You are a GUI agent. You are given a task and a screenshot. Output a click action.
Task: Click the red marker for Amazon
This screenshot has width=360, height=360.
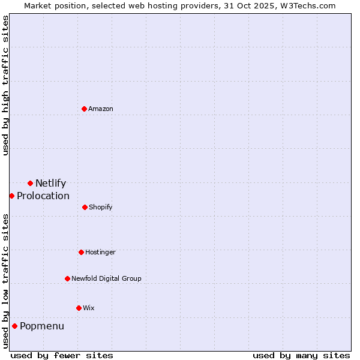85,109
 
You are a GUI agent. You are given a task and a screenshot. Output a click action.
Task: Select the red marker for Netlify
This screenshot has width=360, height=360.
30,183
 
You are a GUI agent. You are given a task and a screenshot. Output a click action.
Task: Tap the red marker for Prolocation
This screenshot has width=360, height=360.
11,196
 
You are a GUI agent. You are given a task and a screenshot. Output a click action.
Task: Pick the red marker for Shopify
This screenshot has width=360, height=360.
85,207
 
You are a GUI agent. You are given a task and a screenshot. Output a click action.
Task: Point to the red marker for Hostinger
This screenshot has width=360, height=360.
81,252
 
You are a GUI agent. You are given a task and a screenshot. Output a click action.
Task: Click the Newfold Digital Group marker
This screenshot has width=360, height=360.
67,278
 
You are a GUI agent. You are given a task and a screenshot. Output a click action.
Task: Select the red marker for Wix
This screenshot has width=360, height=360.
79,308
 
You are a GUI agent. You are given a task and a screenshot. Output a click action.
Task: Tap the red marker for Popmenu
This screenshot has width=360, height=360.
14,326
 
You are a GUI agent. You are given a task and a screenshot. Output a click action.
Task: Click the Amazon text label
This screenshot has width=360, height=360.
101,109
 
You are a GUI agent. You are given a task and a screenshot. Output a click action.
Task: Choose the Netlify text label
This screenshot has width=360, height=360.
50,184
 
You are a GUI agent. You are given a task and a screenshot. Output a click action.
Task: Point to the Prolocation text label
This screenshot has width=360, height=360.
43,196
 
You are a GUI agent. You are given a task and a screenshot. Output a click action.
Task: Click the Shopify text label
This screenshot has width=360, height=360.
101,208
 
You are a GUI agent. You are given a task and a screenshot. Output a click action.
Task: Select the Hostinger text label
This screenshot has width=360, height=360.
100,253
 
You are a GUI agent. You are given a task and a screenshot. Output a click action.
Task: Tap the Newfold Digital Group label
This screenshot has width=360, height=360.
106,278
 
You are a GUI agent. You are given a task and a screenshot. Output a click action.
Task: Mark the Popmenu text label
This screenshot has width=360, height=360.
42,326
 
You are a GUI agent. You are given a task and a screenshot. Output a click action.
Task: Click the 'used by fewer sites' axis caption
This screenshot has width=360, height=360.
62,355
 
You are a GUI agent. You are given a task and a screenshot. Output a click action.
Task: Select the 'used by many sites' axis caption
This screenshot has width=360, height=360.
301,355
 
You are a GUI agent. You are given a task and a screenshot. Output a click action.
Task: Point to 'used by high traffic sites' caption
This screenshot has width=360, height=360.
6,85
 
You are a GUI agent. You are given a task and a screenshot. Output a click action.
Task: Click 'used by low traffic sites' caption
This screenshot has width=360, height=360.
6,281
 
